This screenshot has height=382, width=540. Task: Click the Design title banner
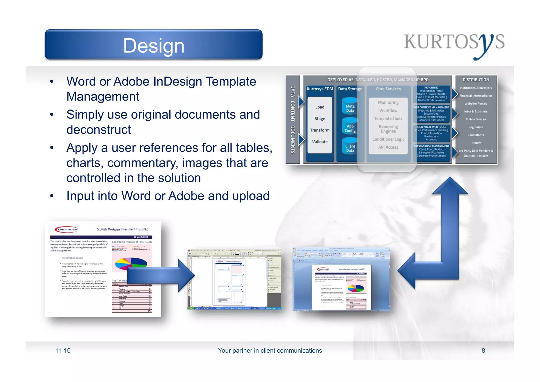point(153,45)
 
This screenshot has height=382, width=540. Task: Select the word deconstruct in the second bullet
point(99,130)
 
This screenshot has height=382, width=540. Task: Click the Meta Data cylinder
point(350,108)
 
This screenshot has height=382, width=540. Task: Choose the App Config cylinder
point(350,128)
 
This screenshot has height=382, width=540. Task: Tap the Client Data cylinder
point(350,148)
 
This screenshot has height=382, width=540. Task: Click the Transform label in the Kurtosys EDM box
point(320,130)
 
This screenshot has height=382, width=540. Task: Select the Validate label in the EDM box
point(320,142)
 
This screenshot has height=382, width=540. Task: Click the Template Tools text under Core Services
point(388,119)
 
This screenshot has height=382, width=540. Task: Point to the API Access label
point(388,147)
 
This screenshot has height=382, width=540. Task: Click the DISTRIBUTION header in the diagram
point(476,80)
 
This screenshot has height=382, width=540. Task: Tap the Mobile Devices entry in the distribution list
point(476,119)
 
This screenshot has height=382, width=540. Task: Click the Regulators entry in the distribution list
point(476,127)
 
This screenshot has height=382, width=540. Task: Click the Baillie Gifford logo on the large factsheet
point(66,229)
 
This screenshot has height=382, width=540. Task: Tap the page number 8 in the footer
point(483,351)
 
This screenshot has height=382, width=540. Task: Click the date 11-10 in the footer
point(63,351)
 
